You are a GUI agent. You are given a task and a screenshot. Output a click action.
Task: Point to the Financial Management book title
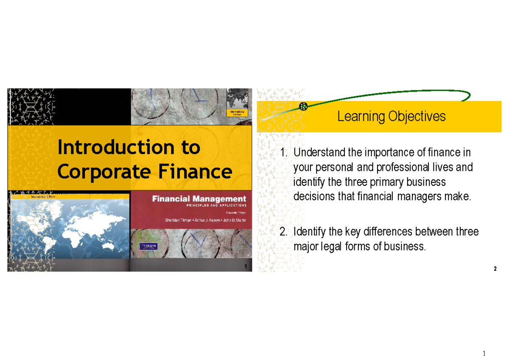pos(199,198)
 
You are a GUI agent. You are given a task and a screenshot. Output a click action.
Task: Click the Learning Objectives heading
pos(391,116)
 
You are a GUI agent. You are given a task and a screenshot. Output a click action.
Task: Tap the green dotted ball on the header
pos(303,106)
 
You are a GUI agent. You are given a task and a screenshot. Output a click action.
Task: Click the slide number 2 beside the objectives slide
pos(495,270)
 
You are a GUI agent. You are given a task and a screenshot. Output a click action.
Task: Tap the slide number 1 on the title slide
pos(246,266)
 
